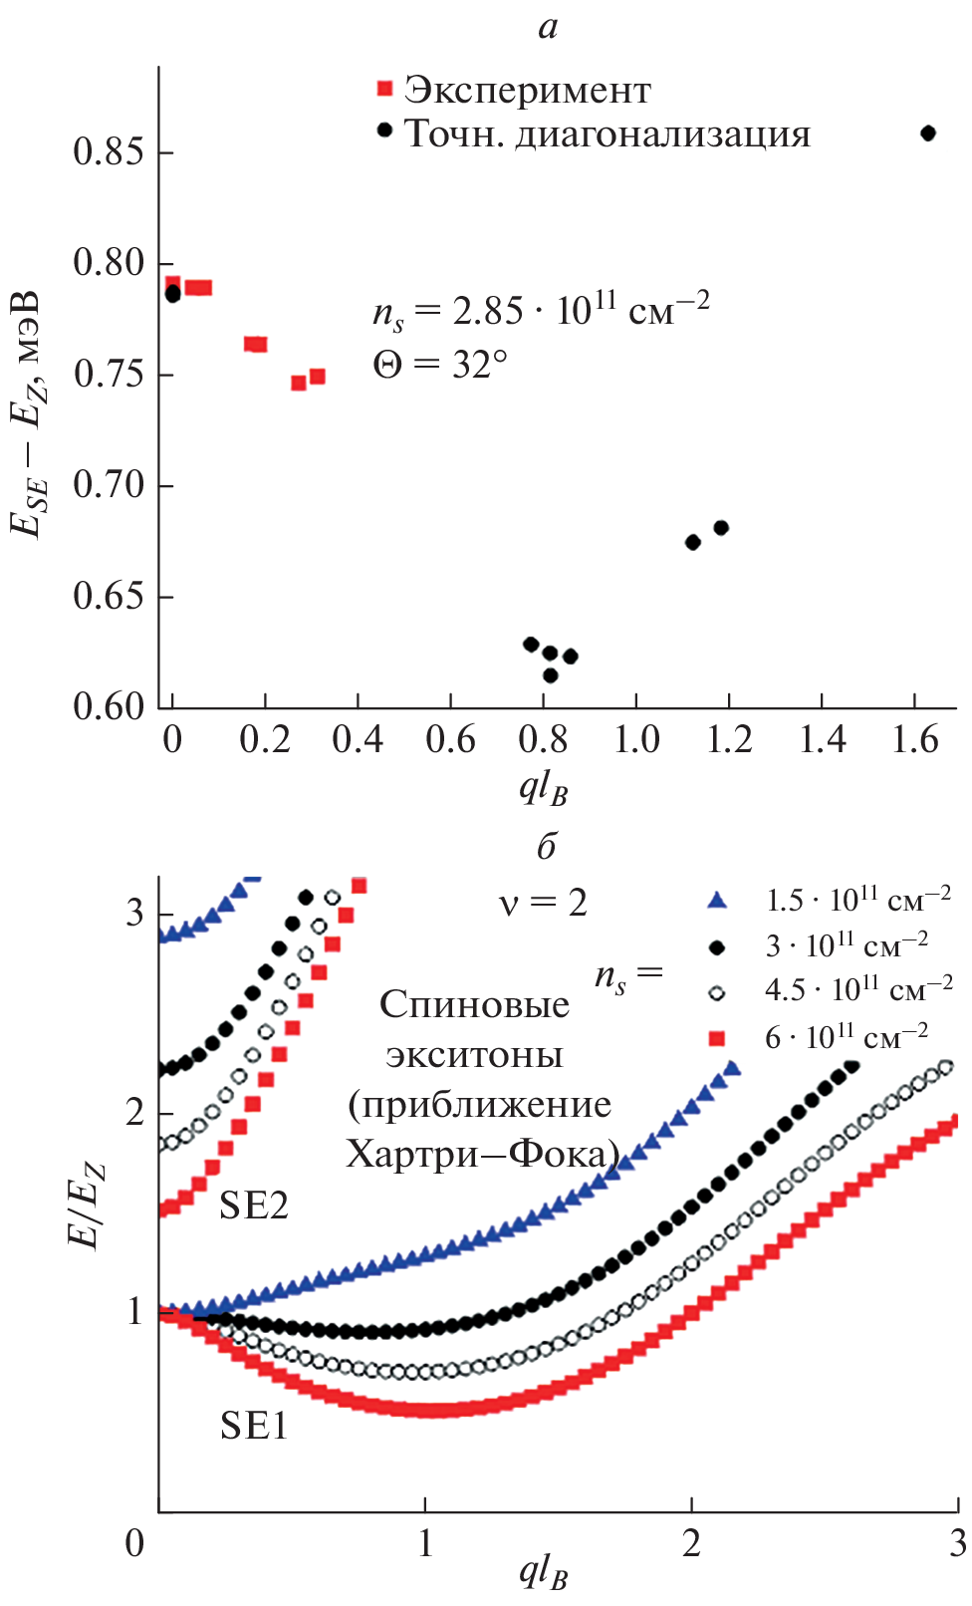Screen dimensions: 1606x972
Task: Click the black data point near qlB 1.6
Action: (x=928, y=134)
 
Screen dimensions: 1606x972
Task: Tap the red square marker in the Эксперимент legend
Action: (x=385, y=90)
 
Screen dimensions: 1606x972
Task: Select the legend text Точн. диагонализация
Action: (x=607, y=134)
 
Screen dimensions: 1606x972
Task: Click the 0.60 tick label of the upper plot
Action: (x=109, y=706)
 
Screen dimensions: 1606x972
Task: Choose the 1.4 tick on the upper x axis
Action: (x=823, y=739)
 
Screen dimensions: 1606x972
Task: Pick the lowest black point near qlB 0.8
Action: (x=550, y=675)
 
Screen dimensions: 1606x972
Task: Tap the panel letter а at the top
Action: (x=548, y=27)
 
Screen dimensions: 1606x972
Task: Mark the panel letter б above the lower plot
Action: (x=546, y=846)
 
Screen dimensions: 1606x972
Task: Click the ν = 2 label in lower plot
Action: (x=543, y=904)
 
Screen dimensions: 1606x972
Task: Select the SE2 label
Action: (x=254, y=1205)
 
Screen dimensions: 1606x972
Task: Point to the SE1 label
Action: (x=254, y=1427)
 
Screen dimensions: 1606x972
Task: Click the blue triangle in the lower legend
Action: (x=716, y=901)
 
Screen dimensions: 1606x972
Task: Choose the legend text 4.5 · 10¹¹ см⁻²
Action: (x=858, y=990)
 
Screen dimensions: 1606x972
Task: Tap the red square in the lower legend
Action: (x=716, y=1039)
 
